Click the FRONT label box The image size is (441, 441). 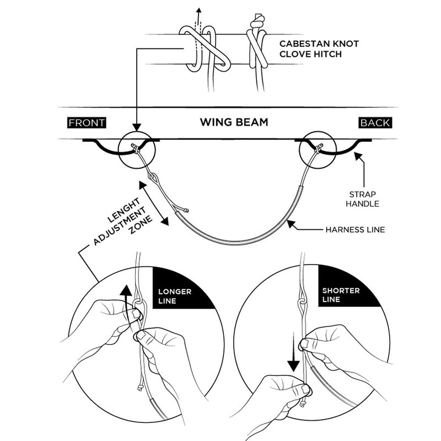click(87, 122)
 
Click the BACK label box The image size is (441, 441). click(375, 122)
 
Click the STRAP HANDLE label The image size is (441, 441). click(363, 198)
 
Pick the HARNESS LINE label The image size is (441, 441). click(354, 229)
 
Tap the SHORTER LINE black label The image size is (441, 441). click(342, 295)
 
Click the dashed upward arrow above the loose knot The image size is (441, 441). click(199, 17)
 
